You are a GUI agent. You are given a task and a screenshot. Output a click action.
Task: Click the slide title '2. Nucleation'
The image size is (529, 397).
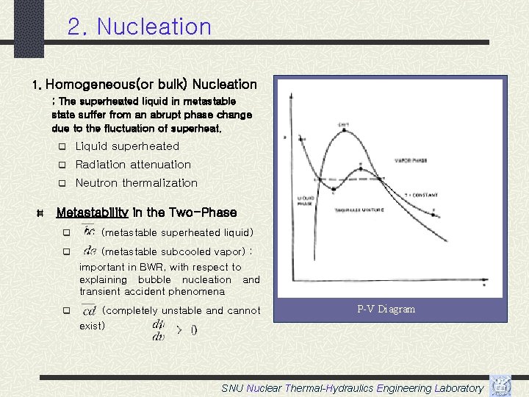139,27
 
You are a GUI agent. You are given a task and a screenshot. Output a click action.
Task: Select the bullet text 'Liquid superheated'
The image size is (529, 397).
127,146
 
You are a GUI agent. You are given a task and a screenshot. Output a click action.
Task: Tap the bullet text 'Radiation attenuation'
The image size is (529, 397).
133,165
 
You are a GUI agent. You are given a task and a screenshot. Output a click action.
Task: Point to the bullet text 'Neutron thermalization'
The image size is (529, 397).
137,183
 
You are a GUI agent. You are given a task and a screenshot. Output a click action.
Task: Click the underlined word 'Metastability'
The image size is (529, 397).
93,212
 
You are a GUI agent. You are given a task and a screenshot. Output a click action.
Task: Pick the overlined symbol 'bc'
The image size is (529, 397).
89,232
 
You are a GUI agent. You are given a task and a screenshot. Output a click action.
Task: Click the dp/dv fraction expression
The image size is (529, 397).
158,329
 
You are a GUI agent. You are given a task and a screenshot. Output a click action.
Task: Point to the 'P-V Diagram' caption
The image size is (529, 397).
386,310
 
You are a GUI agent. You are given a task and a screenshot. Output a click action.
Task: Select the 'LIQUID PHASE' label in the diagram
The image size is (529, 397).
306,200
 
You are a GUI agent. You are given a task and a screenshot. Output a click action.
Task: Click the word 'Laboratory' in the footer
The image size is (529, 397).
459,388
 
